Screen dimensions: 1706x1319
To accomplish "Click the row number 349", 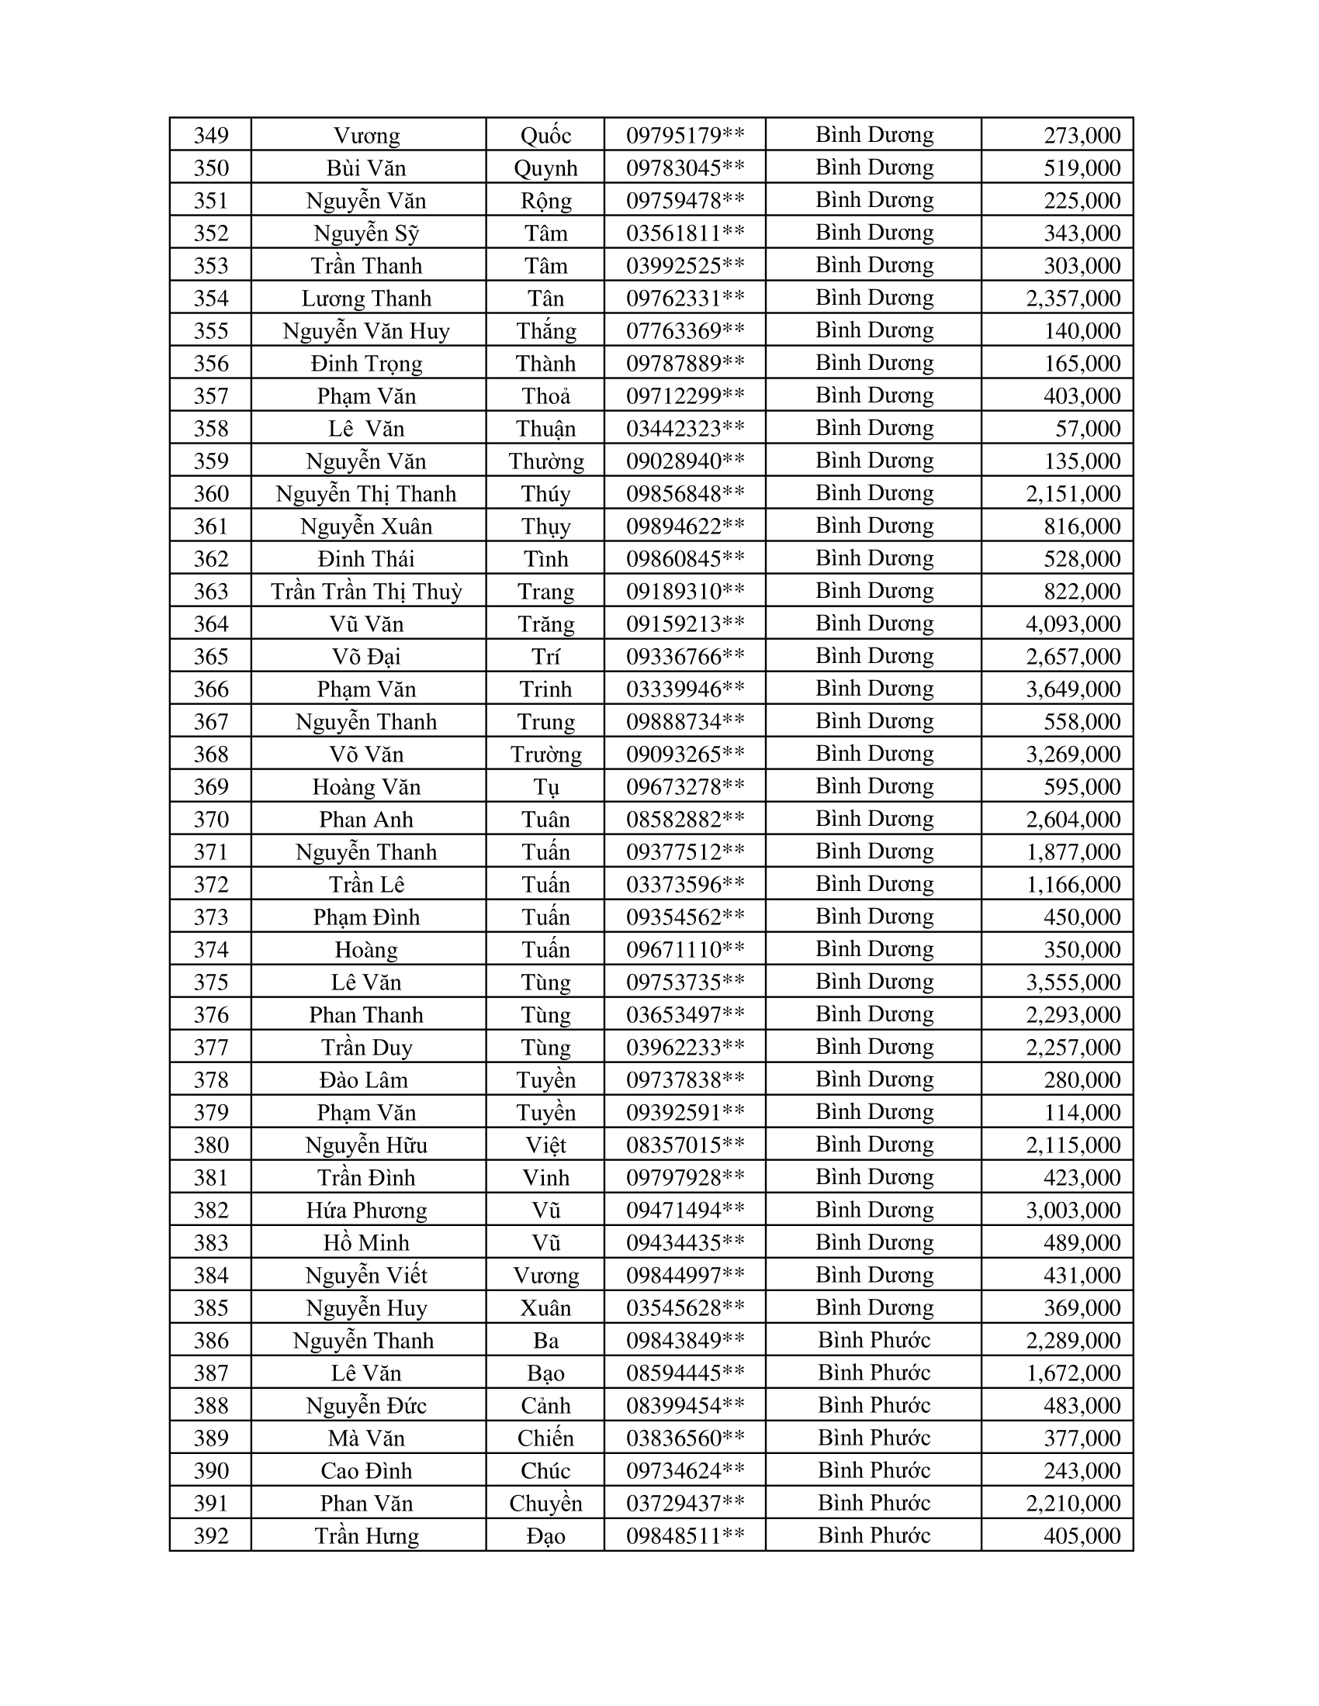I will point(211,135).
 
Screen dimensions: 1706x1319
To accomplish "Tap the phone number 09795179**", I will point(684,135).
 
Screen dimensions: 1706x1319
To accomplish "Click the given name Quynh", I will point(545,168).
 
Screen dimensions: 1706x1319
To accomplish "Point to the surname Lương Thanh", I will point(366,299).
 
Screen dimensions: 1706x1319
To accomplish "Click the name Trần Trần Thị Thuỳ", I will point(366,592).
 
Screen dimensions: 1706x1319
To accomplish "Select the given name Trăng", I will point(545,624).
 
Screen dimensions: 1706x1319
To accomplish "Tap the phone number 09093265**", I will point(684,755).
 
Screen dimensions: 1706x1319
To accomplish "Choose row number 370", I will point(211,820).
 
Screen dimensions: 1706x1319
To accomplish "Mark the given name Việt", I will point(545,1145).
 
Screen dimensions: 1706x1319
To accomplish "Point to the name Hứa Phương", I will point(366,1210).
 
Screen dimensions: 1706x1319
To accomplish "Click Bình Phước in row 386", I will point(874,1341).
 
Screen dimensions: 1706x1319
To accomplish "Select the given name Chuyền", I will point(545,1503).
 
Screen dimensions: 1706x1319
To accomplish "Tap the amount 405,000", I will point(1082,1535).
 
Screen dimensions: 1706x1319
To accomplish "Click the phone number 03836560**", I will point(684,1438).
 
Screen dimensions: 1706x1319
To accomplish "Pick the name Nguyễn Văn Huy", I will point(366,331).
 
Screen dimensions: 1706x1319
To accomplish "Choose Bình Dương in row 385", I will point(874,1307).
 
